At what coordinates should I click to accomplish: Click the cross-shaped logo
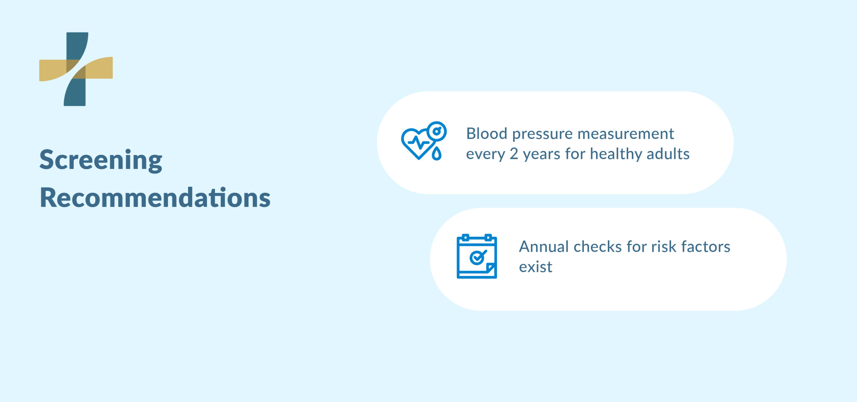pyautogui.click(x=76, y=69)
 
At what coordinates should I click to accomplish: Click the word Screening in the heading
pyautogui.click(x=101, y=160)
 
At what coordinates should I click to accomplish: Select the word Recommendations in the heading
pyautogui.click(x=155, y=198)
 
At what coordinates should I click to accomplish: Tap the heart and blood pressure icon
pyautogui.click(x=423, y=141)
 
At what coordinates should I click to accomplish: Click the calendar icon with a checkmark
pyautogui.click(x=477, y=256)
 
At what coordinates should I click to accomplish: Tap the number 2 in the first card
pyautogui.click(x=514, y=154)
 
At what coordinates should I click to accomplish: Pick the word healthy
pyautogui.click(x=616, y=154)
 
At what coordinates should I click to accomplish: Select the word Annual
pyautogui.click(x=544, y=247)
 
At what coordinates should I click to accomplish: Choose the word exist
pyautogui.click(x=536, y=267)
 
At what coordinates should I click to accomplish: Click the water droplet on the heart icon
pyautogui.click(x=437, y=154)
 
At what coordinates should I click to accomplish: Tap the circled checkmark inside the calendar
pyautogui.click(x=477, y=257)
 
